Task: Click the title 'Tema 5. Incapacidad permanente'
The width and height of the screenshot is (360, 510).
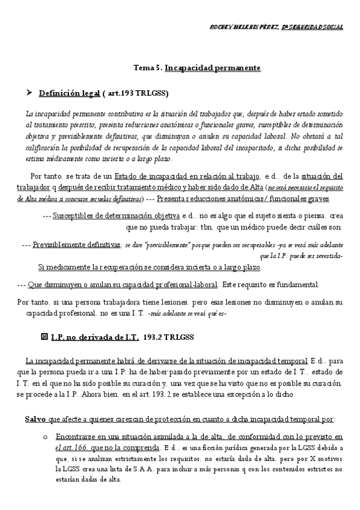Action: tap(197, 68)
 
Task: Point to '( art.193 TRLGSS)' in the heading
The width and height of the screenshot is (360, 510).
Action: tap(135, 93)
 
